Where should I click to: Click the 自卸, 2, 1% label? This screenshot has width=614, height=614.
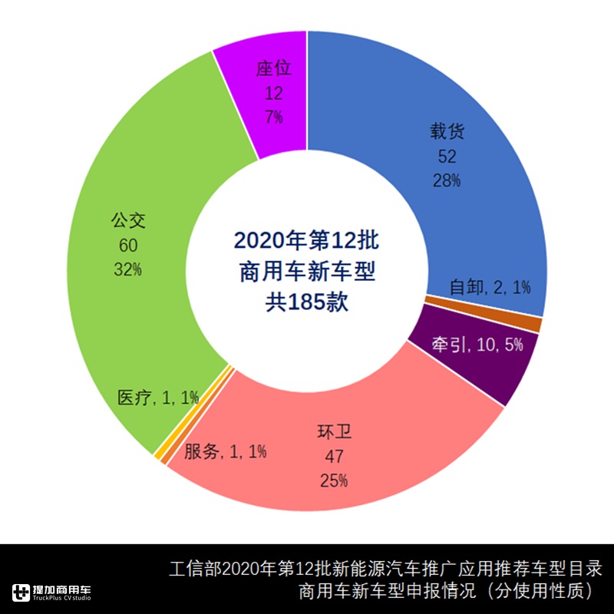click(490, 288)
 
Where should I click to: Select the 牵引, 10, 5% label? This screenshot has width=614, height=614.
click(477, 345)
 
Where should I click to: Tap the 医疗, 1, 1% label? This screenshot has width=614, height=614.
click(157, 398)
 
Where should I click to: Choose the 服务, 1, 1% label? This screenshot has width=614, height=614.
click(225, 451)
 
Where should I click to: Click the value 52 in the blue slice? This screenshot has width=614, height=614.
click(447, 157)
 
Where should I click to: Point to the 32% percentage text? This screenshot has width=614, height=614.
click(129, 269)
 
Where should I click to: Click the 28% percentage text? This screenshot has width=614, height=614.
click(447, 181)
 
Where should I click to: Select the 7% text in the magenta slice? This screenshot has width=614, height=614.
click(274, 117)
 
